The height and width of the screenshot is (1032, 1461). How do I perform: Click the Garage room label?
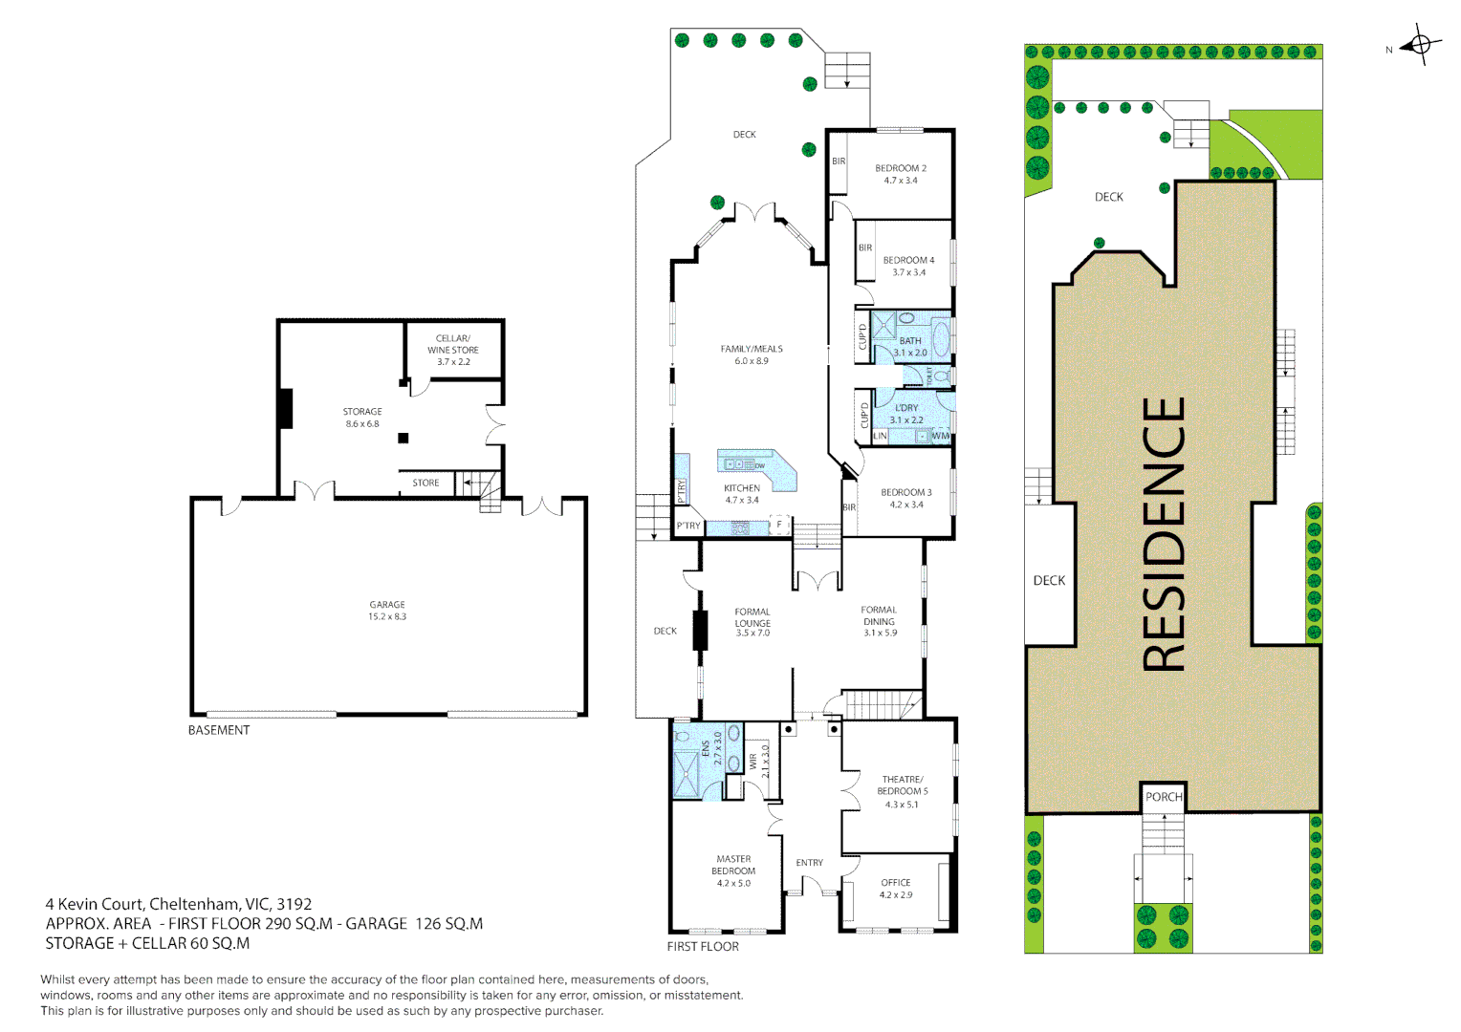[387, 605]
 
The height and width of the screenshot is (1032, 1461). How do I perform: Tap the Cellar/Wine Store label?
[453, 344]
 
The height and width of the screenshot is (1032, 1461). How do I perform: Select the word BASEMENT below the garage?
[219, 730]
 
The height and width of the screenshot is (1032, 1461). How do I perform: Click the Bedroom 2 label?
[901, 168]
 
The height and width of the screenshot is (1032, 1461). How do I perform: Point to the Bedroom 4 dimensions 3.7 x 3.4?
[908, 272]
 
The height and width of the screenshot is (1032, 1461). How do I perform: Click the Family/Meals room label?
[752, 349]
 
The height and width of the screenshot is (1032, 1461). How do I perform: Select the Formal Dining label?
[879, 615]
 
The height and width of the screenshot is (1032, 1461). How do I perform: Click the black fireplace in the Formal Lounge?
[700, 630]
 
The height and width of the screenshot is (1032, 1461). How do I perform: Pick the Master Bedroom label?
[733, 865]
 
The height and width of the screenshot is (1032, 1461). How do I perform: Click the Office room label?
[896, 883]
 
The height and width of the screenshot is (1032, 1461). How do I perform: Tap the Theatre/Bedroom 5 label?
[903, 785]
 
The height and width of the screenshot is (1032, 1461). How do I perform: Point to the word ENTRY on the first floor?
[810, 863]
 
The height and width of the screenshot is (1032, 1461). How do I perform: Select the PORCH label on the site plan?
[1164, 797]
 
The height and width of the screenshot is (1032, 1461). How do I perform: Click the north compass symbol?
[1420, 45]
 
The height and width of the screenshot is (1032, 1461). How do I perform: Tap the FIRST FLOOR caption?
[703, 947]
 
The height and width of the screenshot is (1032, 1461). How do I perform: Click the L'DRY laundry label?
[906, 408]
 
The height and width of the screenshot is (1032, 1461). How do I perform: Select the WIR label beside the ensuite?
[753, 762]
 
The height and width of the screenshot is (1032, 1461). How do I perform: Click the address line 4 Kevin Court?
[179, 904]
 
